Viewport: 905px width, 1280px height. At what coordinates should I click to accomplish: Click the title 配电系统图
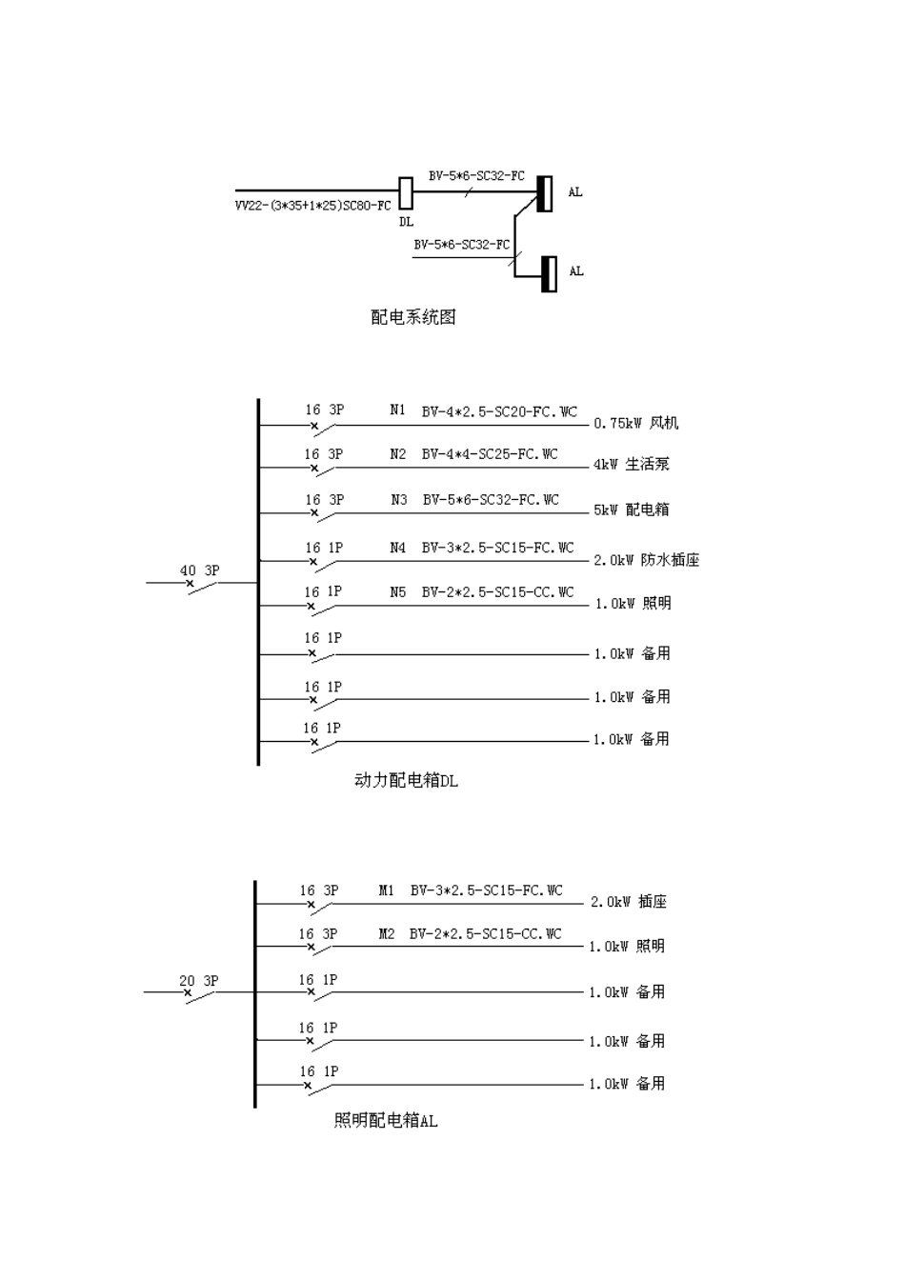412,317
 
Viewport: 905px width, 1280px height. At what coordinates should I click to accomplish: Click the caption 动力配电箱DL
406,781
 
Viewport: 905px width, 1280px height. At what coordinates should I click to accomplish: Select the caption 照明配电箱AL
386,1121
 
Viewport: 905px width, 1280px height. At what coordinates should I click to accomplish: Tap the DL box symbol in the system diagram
405,193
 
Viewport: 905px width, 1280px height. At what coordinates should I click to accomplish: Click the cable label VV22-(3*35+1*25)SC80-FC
312,206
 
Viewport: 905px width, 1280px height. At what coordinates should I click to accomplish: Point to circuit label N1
397,410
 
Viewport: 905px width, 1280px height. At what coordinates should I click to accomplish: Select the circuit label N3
398,499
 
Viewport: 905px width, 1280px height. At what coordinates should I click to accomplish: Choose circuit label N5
397,591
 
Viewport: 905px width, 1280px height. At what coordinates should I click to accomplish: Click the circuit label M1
386,890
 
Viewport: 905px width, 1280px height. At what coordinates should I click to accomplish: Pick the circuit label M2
386,934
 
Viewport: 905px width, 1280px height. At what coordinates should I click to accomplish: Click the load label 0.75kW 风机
636,423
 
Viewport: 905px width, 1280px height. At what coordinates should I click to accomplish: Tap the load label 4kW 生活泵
632,465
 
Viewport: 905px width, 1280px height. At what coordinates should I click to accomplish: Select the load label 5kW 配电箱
632,510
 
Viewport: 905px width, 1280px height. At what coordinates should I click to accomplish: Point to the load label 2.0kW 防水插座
647,560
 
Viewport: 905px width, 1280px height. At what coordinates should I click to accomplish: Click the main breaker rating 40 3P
199,570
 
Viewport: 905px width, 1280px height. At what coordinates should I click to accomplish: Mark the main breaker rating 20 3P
198,980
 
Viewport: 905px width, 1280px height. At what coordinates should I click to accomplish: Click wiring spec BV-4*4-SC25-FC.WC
490,454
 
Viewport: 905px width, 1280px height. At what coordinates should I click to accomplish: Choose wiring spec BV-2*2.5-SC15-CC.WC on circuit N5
497,591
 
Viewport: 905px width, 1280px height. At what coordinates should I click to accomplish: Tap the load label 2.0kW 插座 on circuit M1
629,902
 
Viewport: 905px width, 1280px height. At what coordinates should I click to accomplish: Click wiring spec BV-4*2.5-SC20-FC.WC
499,411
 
